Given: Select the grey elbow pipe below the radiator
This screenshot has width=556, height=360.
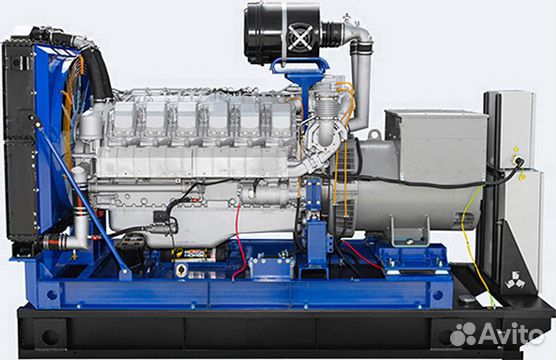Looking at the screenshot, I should point(76,236).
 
